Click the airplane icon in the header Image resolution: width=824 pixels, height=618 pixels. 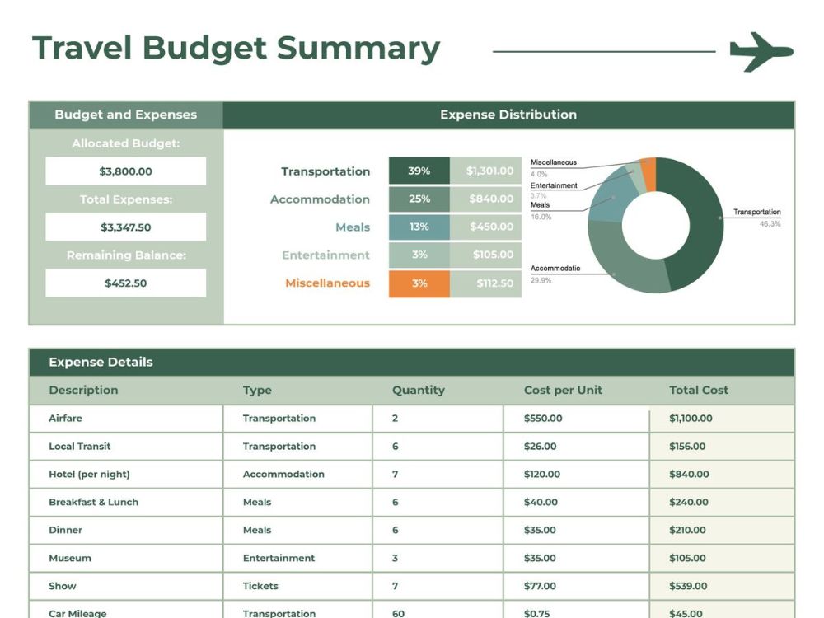(x=761, y=51)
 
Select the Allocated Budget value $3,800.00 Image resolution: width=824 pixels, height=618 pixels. (x=125, y=171)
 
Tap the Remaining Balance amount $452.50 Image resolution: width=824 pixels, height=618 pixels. (x=125, y=283)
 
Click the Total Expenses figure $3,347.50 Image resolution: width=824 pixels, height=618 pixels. (x=125, y=227)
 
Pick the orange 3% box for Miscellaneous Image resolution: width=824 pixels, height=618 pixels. (x=419, y=283)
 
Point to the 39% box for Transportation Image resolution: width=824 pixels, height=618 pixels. (x=419, y=171)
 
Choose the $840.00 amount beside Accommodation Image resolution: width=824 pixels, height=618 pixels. (x=491, y=199)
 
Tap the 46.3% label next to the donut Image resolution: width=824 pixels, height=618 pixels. (x=770, y=224)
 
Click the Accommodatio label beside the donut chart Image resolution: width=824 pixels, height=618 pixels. (x=555, y=268)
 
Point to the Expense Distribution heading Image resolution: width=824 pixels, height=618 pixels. (x=508, y=115)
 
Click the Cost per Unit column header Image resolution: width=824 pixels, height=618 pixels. (x=563, y=390)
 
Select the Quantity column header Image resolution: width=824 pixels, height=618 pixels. (x=419, y=390)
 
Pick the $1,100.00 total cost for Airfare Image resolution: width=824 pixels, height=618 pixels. (x=691, y=419)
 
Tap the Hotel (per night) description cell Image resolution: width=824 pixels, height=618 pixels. (x=89, y=474)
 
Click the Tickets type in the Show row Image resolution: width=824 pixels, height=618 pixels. (x=260, y=586)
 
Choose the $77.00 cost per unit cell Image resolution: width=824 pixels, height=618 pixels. (x=540, y=586)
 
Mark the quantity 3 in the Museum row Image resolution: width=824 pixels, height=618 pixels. (x=395, y=558)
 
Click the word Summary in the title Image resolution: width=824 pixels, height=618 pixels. (x=358, y=49)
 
